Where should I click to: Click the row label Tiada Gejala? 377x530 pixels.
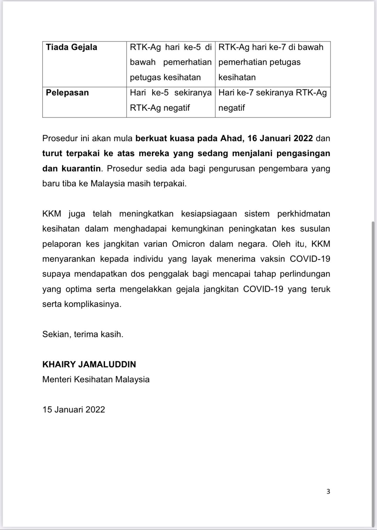[x=71, y=47]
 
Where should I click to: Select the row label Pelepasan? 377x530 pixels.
[x=67, y=93]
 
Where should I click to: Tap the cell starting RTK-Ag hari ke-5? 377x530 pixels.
[x=171, y=62]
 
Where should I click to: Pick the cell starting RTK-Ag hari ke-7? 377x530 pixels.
[x=271, y=62]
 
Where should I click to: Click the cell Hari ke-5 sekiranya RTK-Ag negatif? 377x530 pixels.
[x=171, y=100]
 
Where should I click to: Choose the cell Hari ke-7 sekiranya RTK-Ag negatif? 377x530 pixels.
[x=272, y=100]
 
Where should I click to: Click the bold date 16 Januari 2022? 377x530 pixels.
[x=280, y=138]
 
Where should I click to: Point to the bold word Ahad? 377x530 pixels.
[x=232, y=138]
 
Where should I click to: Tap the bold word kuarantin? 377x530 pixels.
[x=81, y=169]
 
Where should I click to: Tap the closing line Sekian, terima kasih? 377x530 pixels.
[x=83, y=334]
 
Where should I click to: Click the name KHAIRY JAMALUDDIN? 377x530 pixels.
[x=89, y=364]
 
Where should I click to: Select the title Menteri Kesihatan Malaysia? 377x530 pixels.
[x=96, y=380]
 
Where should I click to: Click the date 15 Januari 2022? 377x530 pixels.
[x=74, y=409]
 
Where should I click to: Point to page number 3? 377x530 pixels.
[x=328, y=491]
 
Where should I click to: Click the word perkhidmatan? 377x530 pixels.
[x=304, y=214]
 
